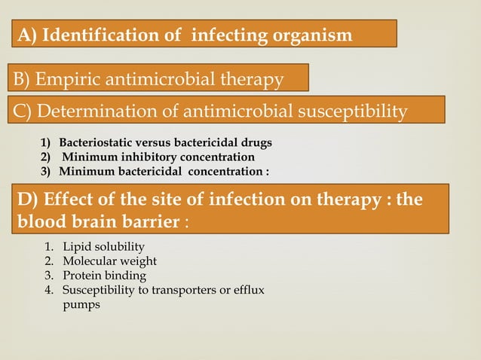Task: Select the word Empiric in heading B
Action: point(73,79)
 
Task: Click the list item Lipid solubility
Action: point(103,247)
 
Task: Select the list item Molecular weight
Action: point(110,261)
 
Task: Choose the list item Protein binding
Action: point(104,276)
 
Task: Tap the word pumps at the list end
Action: point(81,304)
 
